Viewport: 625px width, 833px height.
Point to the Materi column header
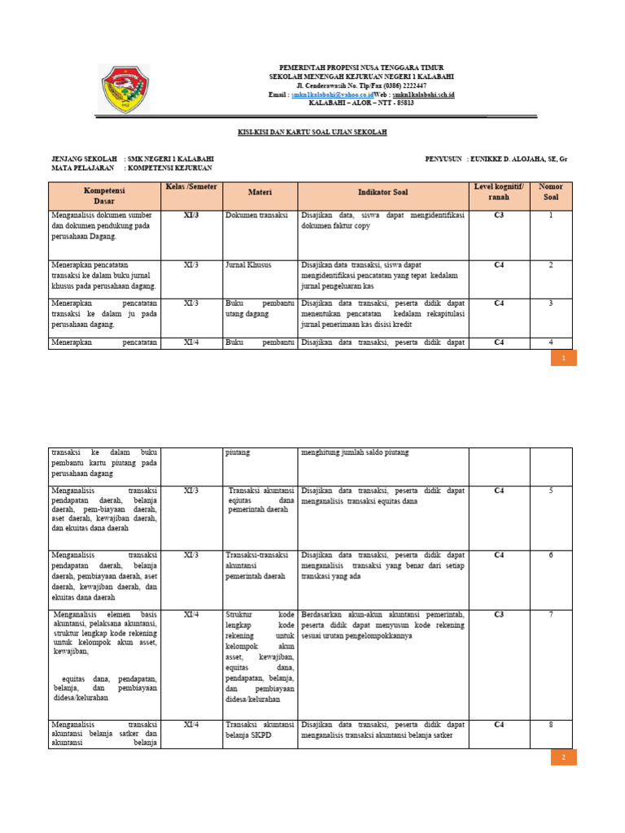point(260,192)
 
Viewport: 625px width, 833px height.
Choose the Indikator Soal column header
point(383,192)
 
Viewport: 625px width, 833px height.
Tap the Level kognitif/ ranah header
point(499,192)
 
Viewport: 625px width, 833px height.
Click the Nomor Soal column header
point(550,192)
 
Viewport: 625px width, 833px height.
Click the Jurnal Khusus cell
point(248,265)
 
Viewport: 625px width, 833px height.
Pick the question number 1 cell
point(550,216)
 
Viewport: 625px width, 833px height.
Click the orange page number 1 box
point(563,358)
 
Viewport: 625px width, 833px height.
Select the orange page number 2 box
point(563,757)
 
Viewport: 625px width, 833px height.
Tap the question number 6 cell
point(550,555)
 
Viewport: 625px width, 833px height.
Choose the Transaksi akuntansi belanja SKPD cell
point(260,729)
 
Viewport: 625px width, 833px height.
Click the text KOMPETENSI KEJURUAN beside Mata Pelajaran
point(170,168)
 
